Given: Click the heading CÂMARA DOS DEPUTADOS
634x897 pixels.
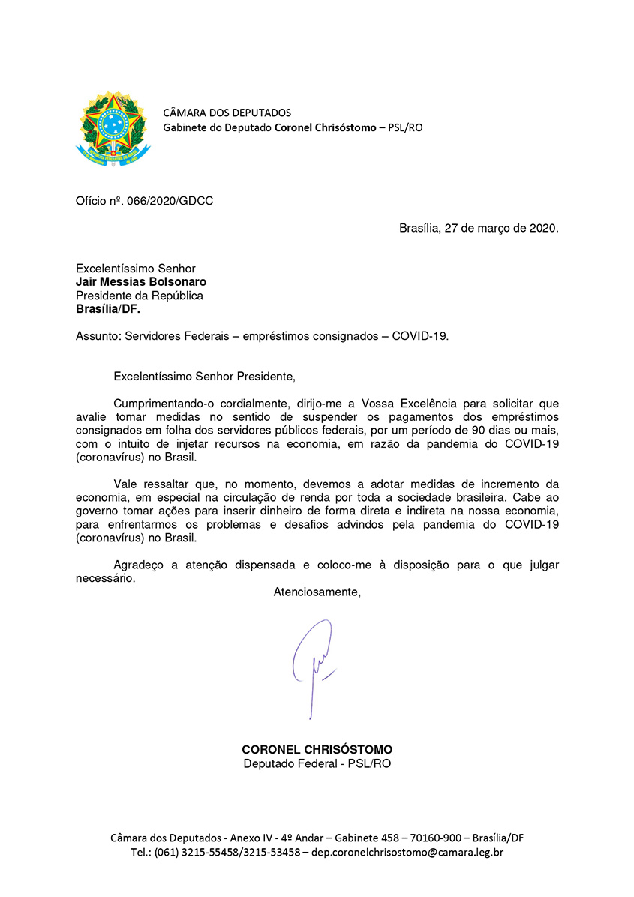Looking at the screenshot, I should (227, 113).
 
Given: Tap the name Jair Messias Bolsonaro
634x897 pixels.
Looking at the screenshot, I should (140, 282).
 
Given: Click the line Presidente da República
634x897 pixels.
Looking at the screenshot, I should (139, 295).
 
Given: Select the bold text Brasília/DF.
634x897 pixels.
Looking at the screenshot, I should (107, 309).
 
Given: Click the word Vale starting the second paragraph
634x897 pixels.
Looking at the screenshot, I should (126, 484).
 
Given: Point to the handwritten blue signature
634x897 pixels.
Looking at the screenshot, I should (314, 664).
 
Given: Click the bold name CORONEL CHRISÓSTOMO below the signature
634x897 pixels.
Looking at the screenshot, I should (317, 750).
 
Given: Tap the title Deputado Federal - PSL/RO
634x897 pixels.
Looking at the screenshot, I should (317, 763).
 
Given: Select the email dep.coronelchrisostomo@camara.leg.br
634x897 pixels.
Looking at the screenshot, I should (407, 853).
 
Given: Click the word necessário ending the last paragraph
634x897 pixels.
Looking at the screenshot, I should (105, 579).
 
